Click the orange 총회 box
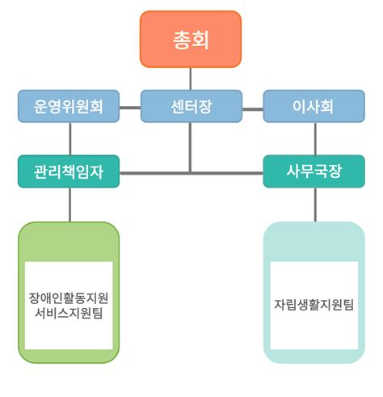pos(191,39)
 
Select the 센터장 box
pos(191,106)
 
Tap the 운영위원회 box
pos(69,106)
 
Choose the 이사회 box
pos(314,106)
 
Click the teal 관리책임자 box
pos(69,171)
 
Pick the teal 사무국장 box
pos(314,171)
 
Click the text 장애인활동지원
pos(69,297)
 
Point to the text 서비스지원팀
pos(69,312)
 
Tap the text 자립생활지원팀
pos(314,305)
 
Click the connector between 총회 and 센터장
pos(191,78)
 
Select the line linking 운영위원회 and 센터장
pos(130,106)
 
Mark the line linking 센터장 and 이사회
pos(253,106)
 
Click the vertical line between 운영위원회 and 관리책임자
pos(69,138)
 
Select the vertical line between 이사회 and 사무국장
pos(314,138)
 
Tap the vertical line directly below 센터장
pos(191,146)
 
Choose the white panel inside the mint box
pos(314,279)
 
